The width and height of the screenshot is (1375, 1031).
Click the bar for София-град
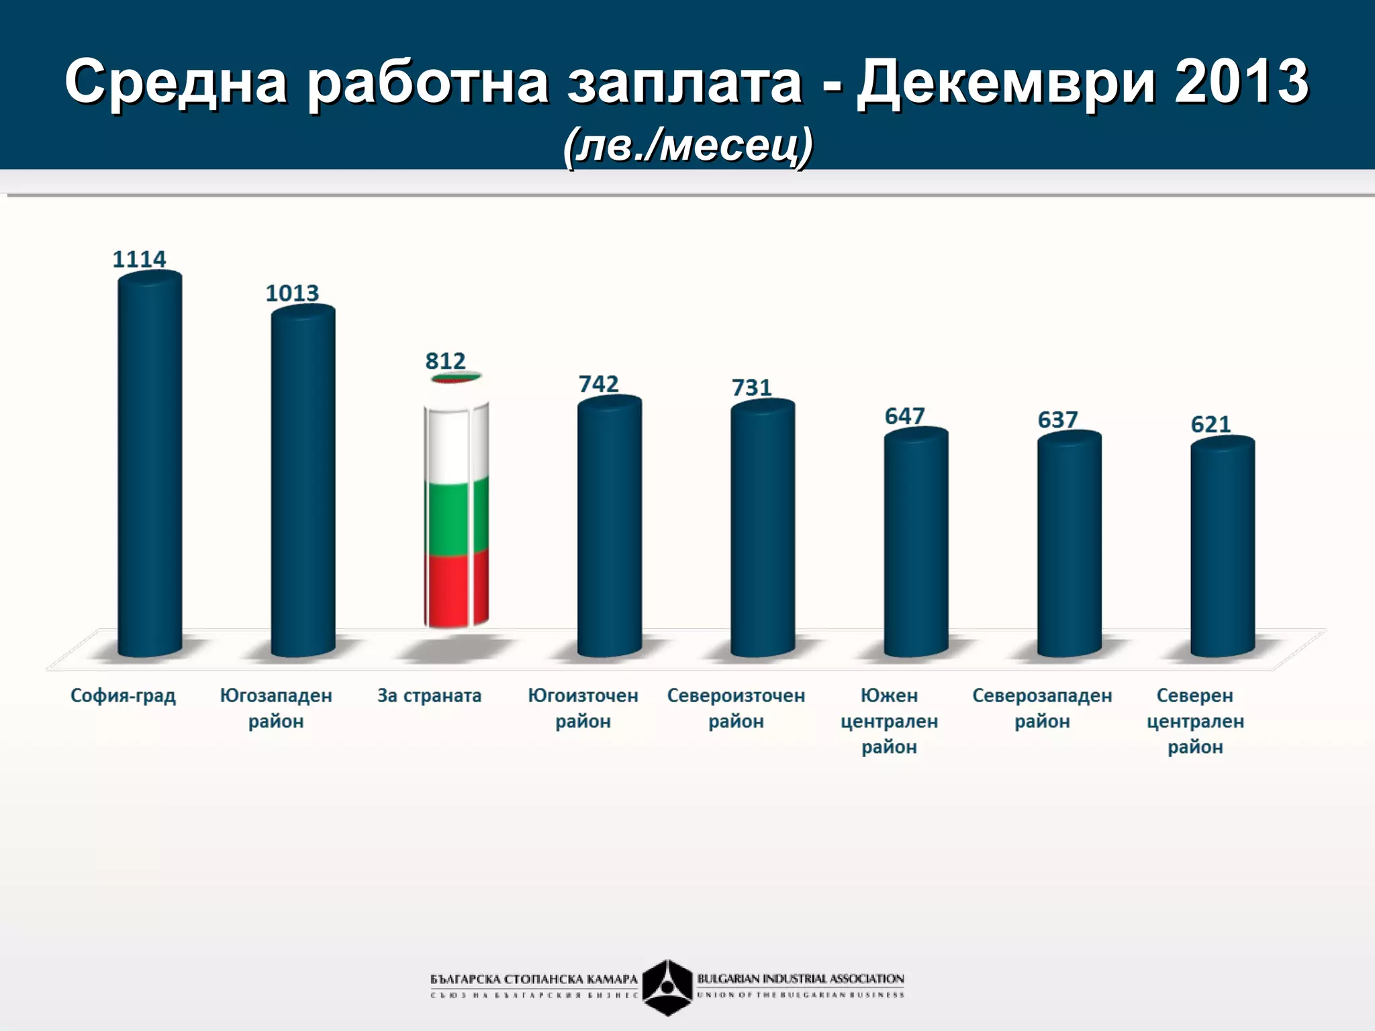150,463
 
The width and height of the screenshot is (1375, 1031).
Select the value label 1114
139,259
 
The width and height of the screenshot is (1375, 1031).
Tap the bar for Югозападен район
303,480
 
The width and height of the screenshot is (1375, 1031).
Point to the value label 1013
292,293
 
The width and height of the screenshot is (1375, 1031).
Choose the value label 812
445,361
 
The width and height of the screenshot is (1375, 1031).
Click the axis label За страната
429,695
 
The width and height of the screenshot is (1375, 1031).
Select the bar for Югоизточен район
610,527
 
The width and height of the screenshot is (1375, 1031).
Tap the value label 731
751,388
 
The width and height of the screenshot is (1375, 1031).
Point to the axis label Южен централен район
889,721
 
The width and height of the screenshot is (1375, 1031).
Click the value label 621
1211,424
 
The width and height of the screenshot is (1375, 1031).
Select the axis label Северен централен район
1195,721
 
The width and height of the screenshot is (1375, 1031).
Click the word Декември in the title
1006,82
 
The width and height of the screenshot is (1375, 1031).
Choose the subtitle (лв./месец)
687,145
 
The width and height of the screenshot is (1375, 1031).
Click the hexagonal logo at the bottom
667,987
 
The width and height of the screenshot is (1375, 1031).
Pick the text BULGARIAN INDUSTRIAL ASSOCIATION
800,979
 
